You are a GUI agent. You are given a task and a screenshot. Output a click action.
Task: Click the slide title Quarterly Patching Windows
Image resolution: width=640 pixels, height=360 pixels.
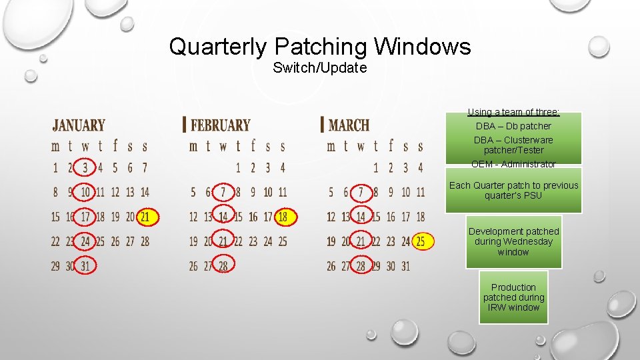point(320,47)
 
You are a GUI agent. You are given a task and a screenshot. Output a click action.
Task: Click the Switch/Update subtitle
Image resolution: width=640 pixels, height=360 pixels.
point(320,68)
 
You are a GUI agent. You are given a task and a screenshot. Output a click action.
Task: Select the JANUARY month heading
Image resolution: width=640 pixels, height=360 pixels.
point(79,125)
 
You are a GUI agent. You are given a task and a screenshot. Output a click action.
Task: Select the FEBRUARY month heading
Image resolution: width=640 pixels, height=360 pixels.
point(220,125)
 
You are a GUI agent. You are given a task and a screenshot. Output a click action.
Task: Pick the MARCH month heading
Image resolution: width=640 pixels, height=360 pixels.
point(349,125)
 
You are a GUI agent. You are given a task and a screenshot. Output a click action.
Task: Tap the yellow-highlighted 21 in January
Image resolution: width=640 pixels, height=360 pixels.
point(145,217)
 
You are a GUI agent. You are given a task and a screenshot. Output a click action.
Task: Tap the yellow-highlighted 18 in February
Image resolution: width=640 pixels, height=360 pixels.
point(283,217)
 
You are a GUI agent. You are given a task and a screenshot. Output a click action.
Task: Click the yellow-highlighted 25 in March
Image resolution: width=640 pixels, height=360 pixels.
point(421,241)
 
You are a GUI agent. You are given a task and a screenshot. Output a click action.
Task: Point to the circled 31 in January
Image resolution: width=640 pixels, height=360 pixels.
point(85,266)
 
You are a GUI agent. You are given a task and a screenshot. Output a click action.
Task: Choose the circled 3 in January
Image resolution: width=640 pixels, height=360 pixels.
point(85,167)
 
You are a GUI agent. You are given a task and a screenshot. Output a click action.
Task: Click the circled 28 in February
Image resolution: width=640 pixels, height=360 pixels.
point(223,266)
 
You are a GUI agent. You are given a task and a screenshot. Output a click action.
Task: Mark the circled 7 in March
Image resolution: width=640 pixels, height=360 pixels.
point(361,192)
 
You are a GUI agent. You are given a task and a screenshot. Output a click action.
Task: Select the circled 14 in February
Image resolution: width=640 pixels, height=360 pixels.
point(223,217)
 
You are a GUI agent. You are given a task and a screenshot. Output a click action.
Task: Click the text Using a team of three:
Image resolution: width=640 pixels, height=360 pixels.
point(513,112)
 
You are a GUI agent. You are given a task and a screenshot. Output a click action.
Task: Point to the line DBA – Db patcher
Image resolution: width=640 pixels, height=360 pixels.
point(513,126)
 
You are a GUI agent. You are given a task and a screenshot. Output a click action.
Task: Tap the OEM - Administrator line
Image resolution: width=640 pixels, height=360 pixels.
point(513,164)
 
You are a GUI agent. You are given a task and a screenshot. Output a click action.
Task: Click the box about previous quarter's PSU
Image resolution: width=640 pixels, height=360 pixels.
point(513,190)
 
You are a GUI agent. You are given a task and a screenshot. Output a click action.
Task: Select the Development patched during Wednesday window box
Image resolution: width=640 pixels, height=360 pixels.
point(513,241)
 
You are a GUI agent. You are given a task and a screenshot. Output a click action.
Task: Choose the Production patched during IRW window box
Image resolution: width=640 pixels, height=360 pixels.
point(513,297)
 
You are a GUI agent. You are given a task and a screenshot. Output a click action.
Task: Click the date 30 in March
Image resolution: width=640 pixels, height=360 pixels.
point(391,266)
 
